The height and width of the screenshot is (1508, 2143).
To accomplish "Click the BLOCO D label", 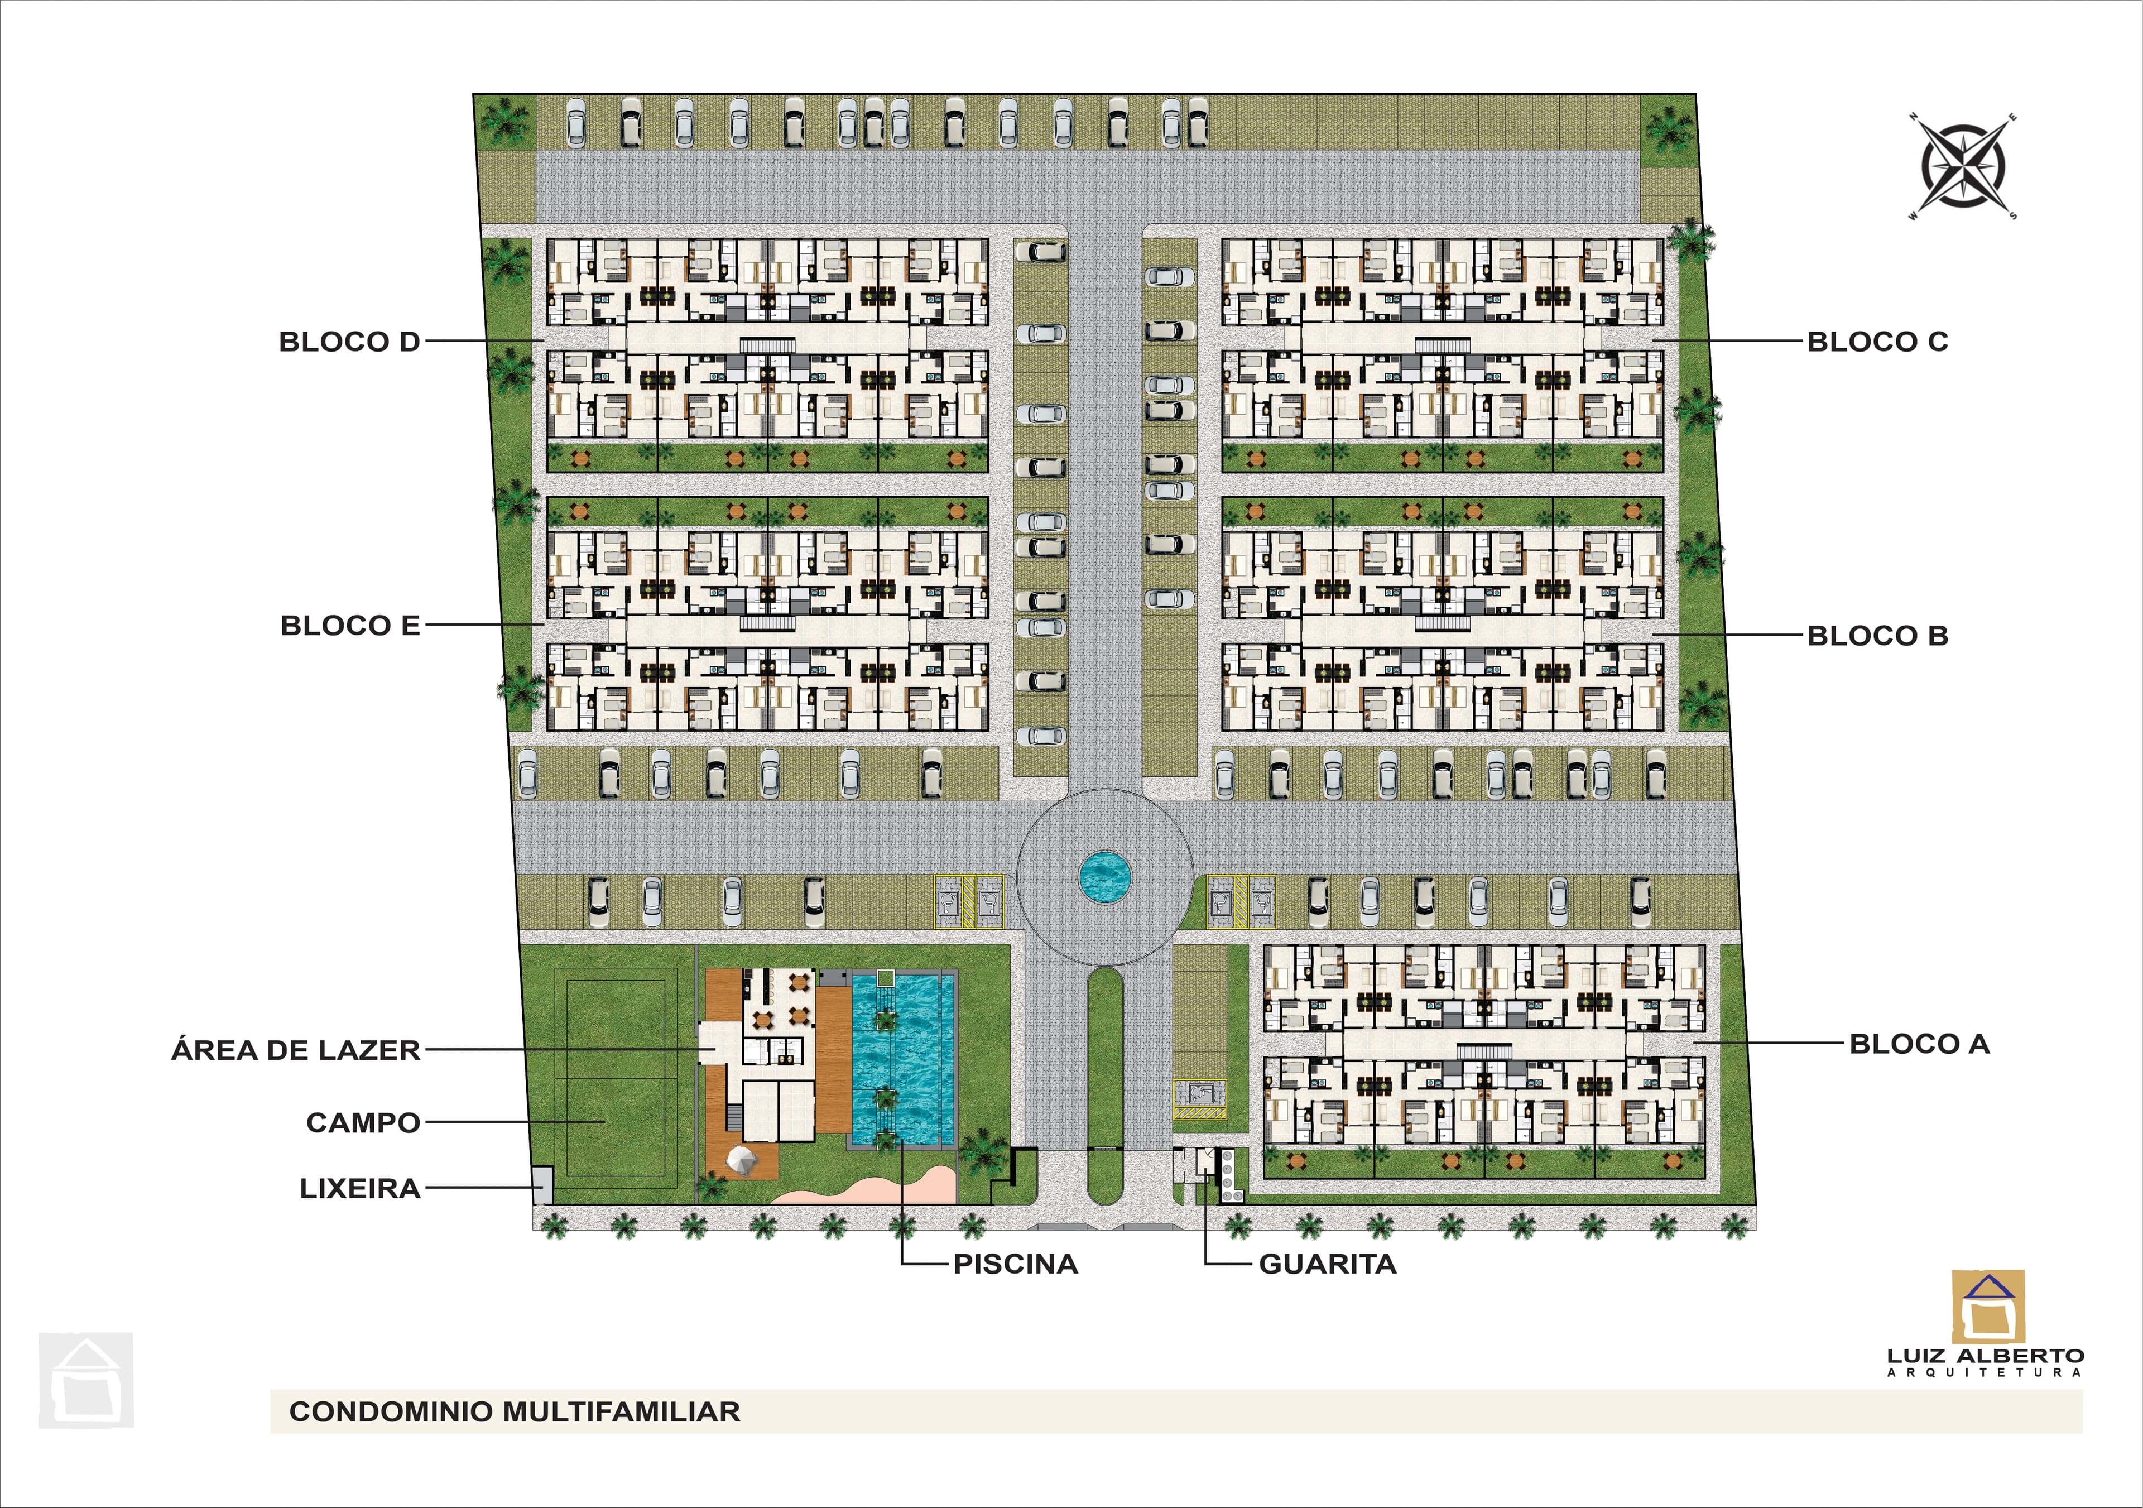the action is coord(350,342).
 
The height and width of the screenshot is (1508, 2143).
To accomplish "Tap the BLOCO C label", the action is coord(1878,342).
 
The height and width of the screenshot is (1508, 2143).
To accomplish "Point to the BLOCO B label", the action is coord(1878,636).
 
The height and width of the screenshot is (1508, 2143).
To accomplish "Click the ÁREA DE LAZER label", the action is coord(296,1050).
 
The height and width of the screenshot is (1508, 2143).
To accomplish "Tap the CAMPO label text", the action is coord(363,1122).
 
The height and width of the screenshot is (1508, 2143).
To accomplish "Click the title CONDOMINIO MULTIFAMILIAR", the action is coord(515,1411).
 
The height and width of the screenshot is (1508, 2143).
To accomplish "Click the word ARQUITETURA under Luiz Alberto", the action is coord(1985,1373).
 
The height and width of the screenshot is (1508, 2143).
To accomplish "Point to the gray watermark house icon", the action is coord(86,1380).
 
